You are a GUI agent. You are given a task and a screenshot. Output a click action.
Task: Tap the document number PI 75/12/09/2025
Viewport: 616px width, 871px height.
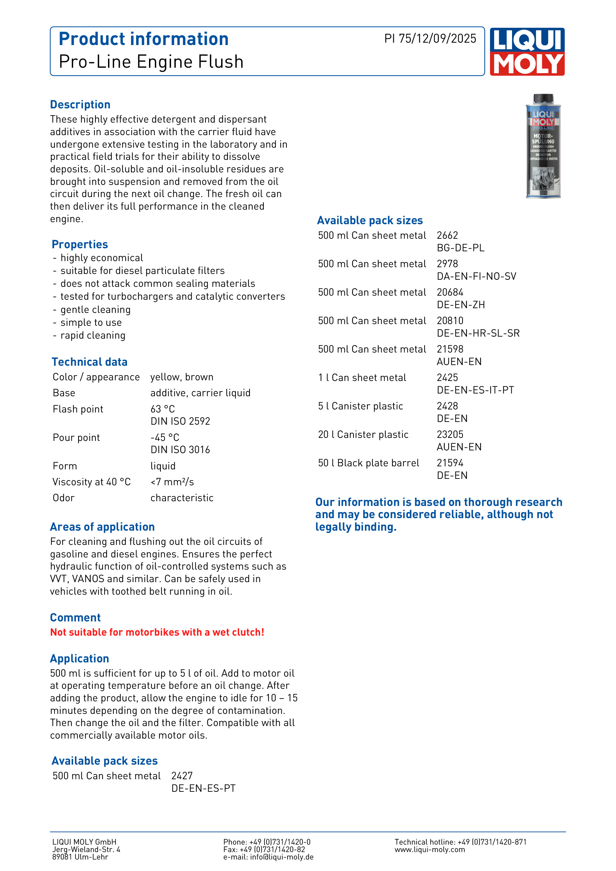coord(430,39)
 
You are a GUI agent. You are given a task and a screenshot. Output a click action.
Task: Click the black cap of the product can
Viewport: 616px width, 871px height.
coord(543,99)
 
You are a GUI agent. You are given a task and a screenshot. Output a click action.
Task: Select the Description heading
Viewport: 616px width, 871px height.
coord(80,105)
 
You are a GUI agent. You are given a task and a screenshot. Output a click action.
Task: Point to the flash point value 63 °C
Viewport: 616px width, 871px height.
coord(163,409)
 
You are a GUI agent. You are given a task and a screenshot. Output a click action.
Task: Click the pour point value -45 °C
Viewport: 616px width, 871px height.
coord(165,438)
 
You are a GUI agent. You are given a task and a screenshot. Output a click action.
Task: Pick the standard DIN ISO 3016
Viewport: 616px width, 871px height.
coord(180,450)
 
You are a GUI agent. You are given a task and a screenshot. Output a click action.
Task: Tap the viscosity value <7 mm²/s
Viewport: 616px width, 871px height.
coord(172,482)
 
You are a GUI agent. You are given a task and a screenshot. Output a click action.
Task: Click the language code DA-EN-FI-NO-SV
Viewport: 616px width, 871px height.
coord(476,276)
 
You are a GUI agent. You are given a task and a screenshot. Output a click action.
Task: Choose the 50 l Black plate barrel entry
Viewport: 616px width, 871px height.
coord(368,463)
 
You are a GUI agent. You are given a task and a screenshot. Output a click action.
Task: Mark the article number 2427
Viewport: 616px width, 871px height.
coord(182,776)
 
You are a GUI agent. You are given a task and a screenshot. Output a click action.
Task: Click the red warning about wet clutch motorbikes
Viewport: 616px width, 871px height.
coord(157,632)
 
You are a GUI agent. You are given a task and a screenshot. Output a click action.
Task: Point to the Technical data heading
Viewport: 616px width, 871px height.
coord(89,362)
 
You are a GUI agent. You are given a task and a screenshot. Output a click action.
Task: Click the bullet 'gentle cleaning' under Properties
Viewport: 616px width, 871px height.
coord(95,310)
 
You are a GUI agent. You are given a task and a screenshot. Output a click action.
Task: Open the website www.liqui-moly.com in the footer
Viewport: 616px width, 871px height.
coord(429,849)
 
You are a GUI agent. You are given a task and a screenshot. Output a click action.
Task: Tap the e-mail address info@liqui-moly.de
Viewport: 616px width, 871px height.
coord(281,857)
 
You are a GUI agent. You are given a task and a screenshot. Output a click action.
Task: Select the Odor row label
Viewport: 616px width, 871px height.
coord(64,498)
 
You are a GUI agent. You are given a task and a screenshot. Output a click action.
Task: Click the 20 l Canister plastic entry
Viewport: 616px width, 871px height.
coord(363,434)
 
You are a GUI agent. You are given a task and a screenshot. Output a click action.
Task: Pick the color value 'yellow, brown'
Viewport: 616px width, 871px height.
coord(182,377)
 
